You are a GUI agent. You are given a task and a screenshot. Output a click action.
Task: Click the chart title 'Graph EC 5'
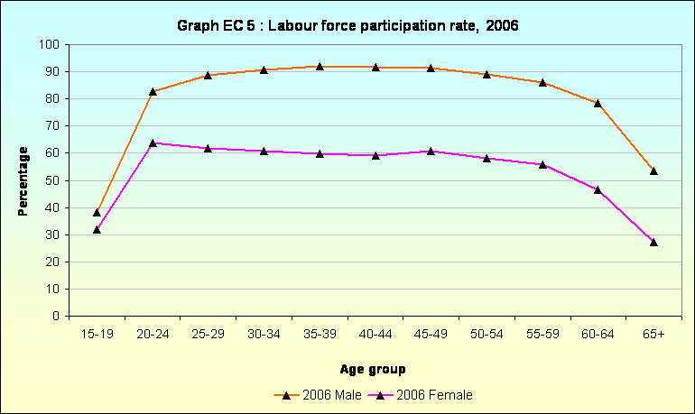(x=347, y=26)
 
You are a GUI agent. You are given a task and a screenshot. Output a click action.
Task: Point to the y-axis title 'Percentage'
(x=23, y=180)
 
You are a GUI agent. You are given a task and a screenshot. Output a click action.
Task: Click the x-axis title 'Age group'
(x=373, y=369)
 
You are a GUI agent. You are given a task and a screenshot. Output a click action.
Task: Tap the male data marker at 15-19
(x=97, y=212)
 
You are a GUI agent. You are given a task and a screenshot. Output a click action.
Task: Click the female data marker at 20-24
(x=153, y=143)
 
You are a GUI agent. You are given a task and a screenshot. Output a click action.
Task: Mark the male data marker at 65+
(x=653, y=170)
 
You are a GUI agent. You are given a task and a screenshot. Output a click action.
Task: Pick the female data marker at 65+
(x=653, y=242)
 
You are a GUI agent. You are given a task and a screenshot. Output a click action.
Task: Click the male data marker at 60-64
(x=598, y=103)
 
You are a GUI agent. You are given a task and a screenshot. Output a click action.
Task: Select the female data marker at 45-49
(x=431, y=151)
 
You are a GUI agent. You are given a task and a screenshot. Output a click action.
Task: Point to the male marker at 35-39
(x=320, y=66)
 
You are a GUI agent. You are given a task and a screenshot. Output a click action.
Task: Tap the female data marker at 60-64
(x=598, y=189)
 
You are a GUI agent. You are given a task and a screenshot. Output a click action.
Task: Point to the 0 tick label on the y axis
(x=56, y=317)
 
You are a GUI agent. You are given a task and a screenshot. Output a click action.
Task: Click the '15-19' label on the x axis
(x=97, y=334)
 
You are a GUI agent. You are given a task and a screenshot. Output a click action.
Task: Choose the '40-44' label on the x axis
(x=375, y=334)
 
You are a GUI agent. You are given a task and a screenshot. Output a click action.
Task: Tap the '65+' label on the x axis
(x=653, y=334)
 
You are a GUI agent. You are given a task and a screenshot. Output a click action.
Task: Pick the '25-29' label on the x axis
(x=208, y=334)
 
